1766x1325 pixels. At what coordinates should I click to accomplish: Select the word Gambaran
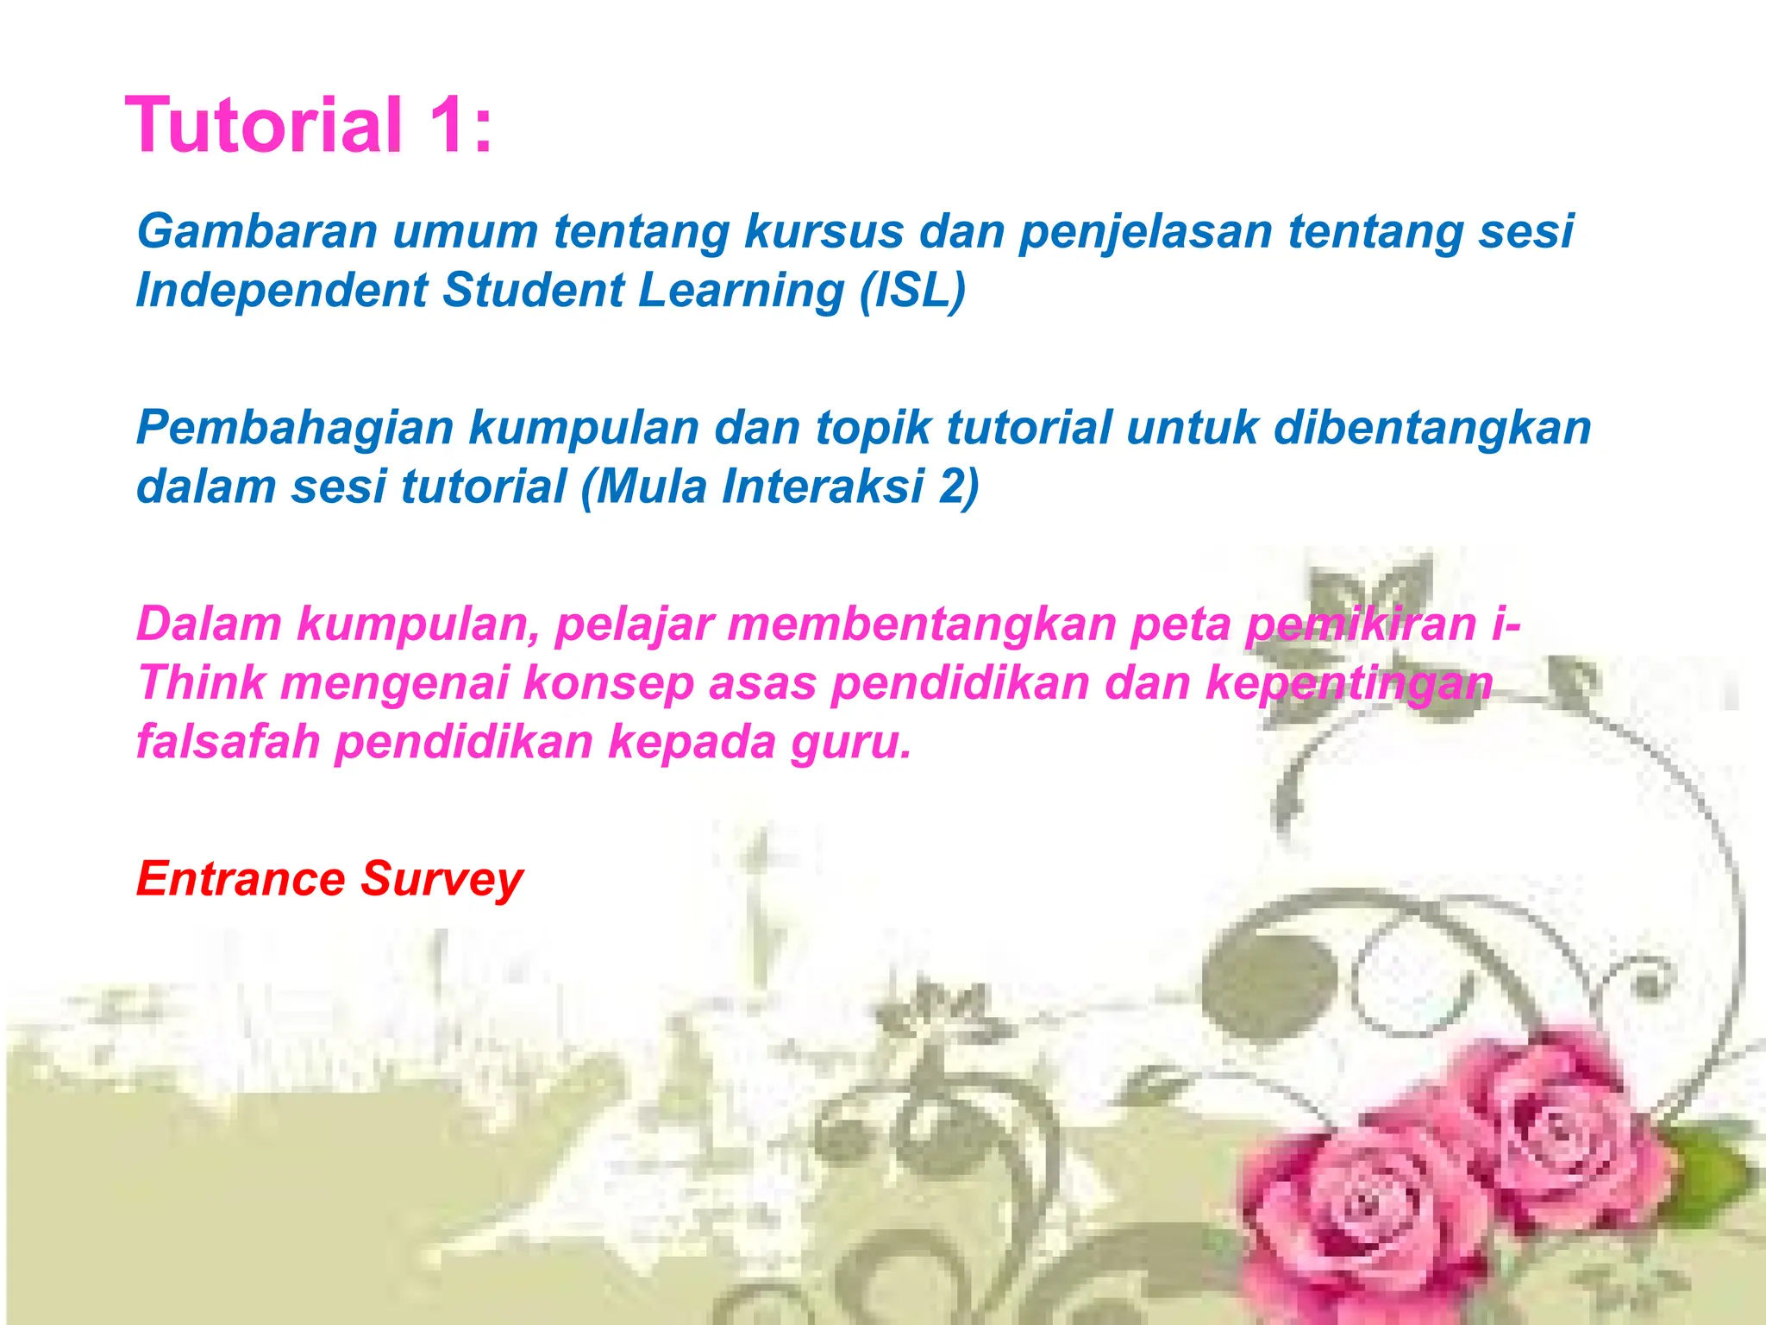tap(257, 231)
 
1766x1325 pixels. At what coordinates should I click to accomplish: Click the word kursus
tap(824, 231)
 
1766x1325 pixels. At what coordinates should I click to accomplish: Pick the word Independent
tap(281, 290)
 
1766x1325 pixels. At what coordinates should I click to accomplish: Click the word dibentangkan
tap(1431, 428)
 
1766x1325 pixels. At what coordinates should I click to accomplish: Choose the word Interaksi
tap(823, 486)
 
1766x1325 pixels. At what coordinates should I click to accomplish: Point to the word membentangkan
tap(922, 624)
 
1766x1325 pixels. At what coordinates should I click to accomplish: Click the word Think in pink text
tap(202, 682)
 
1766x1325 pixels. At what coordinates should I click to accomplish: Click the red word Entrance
tap(241, 879)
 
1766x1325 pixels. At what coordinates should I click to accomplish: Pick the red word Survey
tap(441, 880)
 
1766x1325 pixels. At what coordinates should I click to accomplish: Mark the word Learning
tap(741, 291)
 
